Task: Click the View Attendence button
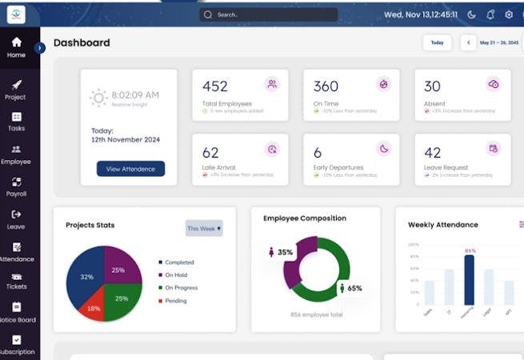[x=130, y=169]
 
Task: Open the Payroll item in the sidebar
[x=16, y=186]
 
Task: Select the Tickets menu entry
[x=16, y=280]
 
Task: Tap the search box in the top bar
[x=268, y=14]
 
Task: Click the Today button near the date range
[x=437, y=42]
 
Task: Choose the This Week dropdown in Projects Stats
[x=204, y=228]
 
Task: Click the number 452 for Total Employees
[x=215, y=86]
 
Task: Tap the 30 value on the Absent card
[x=432, y=86]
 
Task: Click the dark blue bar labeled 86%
[x=470, y=280]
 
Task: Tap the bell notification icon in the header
[x=490, y=14]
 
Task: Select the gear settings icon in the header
[x=509, y=14]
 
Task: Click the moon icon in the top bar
[x=471, y=14]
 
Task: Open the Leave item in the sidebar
[x=16, y=219]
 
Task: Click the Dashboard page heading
[x=82, y=42]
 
